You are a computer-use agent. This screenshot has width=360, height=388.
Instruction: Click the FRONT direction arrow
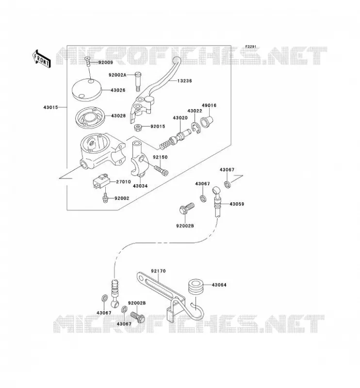41,59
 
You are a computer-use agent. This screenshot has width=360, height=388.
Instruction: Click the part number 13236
184,81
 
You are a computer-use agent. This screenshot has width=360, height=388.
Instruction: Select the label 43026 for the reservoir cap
118,90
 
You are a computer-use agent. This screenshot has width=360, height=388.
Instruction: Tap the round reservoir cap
87,90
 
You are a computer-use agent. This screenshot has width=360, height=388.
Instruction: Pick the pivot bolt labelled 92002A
138,81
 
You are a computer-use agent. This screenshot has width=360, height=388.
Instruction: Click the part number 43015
51,107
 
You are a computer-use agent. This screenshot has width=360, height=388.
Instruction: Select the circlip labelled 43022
196,128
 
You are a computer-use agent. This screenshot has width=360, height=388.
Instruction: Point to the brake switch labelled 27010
101,181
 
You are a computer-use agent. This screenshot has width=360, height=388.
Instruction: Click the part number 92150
160,157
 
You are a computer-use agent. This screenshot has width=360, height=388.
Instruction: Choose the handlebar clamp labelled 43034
139,159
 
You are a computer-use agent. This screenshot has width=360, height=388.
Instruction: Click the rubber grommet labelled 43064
196,287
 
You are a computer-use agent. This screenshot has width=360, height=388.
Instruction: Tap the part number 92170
159,271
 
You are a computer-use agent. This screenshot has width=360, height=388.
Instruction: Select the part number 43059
237,204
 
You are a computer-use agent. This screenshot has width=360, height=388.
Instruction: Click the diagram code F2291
251,47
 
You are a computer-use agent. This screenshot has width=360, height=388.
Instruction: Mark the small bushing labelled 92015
138,128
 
